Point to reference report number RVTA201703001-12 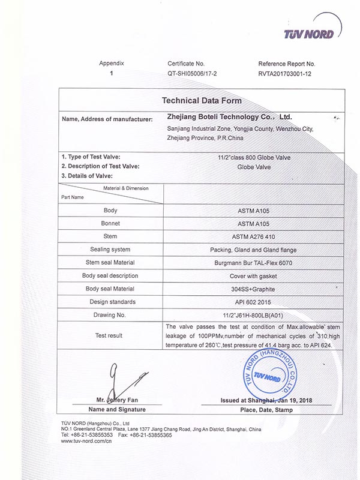[286, 74]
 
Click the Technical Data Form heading [201, 100]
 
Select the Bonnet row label [110, 223]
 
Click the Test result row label [110, 335]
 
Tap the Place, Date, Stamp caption [265, 410]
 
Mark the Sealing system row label [110, 250]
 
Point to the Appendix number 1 [112, 74]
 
